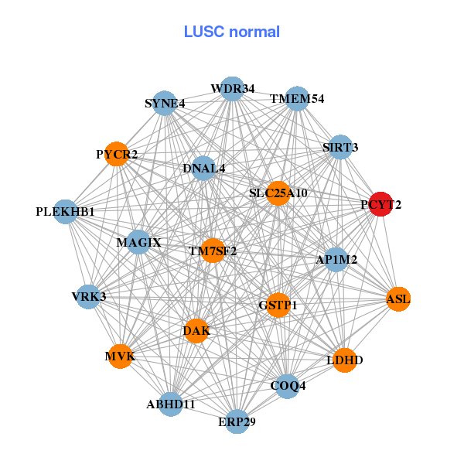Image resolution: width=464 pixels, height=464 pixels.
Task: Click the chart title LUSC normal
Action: (231, 32)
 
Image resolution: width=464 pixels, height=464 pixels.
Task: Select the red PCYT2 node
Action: (380, 205)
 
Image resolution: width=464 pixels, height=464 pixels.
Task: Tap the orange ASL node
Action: (398, 299)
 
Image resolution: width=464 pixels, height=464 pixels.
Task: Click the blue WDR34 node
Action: (232, 89)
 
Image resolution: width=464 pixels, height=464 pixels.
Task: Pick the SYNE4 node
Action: (165, 103)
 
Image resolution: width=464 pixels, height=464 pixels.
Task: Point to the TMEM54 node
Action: (298, 99)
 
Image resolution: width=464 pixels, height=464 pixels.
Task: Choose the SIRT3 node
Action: (340, 147)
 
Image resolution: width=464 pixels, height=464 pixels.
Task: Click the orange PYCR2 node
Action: (117, 155)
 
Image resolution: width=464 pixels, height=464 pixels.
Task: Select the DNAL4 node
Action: (203, 168)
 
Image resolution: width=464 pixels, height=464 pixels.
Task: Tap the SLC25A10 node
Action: (278, 193)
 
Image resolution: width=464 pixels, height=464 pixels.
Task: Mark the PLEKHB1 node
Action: (66, 211)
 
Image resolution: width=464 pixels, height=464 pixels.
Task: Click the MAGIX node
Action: (139, 243)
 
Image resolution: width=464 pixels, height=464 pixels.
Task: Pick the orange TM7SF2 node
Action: (213, 251)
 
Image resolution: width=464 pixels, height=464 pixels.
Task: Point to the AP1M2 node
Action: (336, 260)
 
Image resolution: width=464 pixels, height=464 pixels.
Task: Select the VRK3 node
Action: (88, 296)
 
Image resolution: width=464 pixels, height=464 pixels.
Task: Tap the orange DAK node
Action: (196, 331)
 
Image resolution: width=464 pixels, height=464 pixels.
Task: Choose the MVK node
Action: (120, 357)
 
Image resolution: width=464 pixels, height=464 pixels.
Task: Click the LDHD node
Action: (345, 360)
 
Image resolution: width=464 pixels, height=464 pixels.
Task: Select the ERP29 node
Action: (237, 421)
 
